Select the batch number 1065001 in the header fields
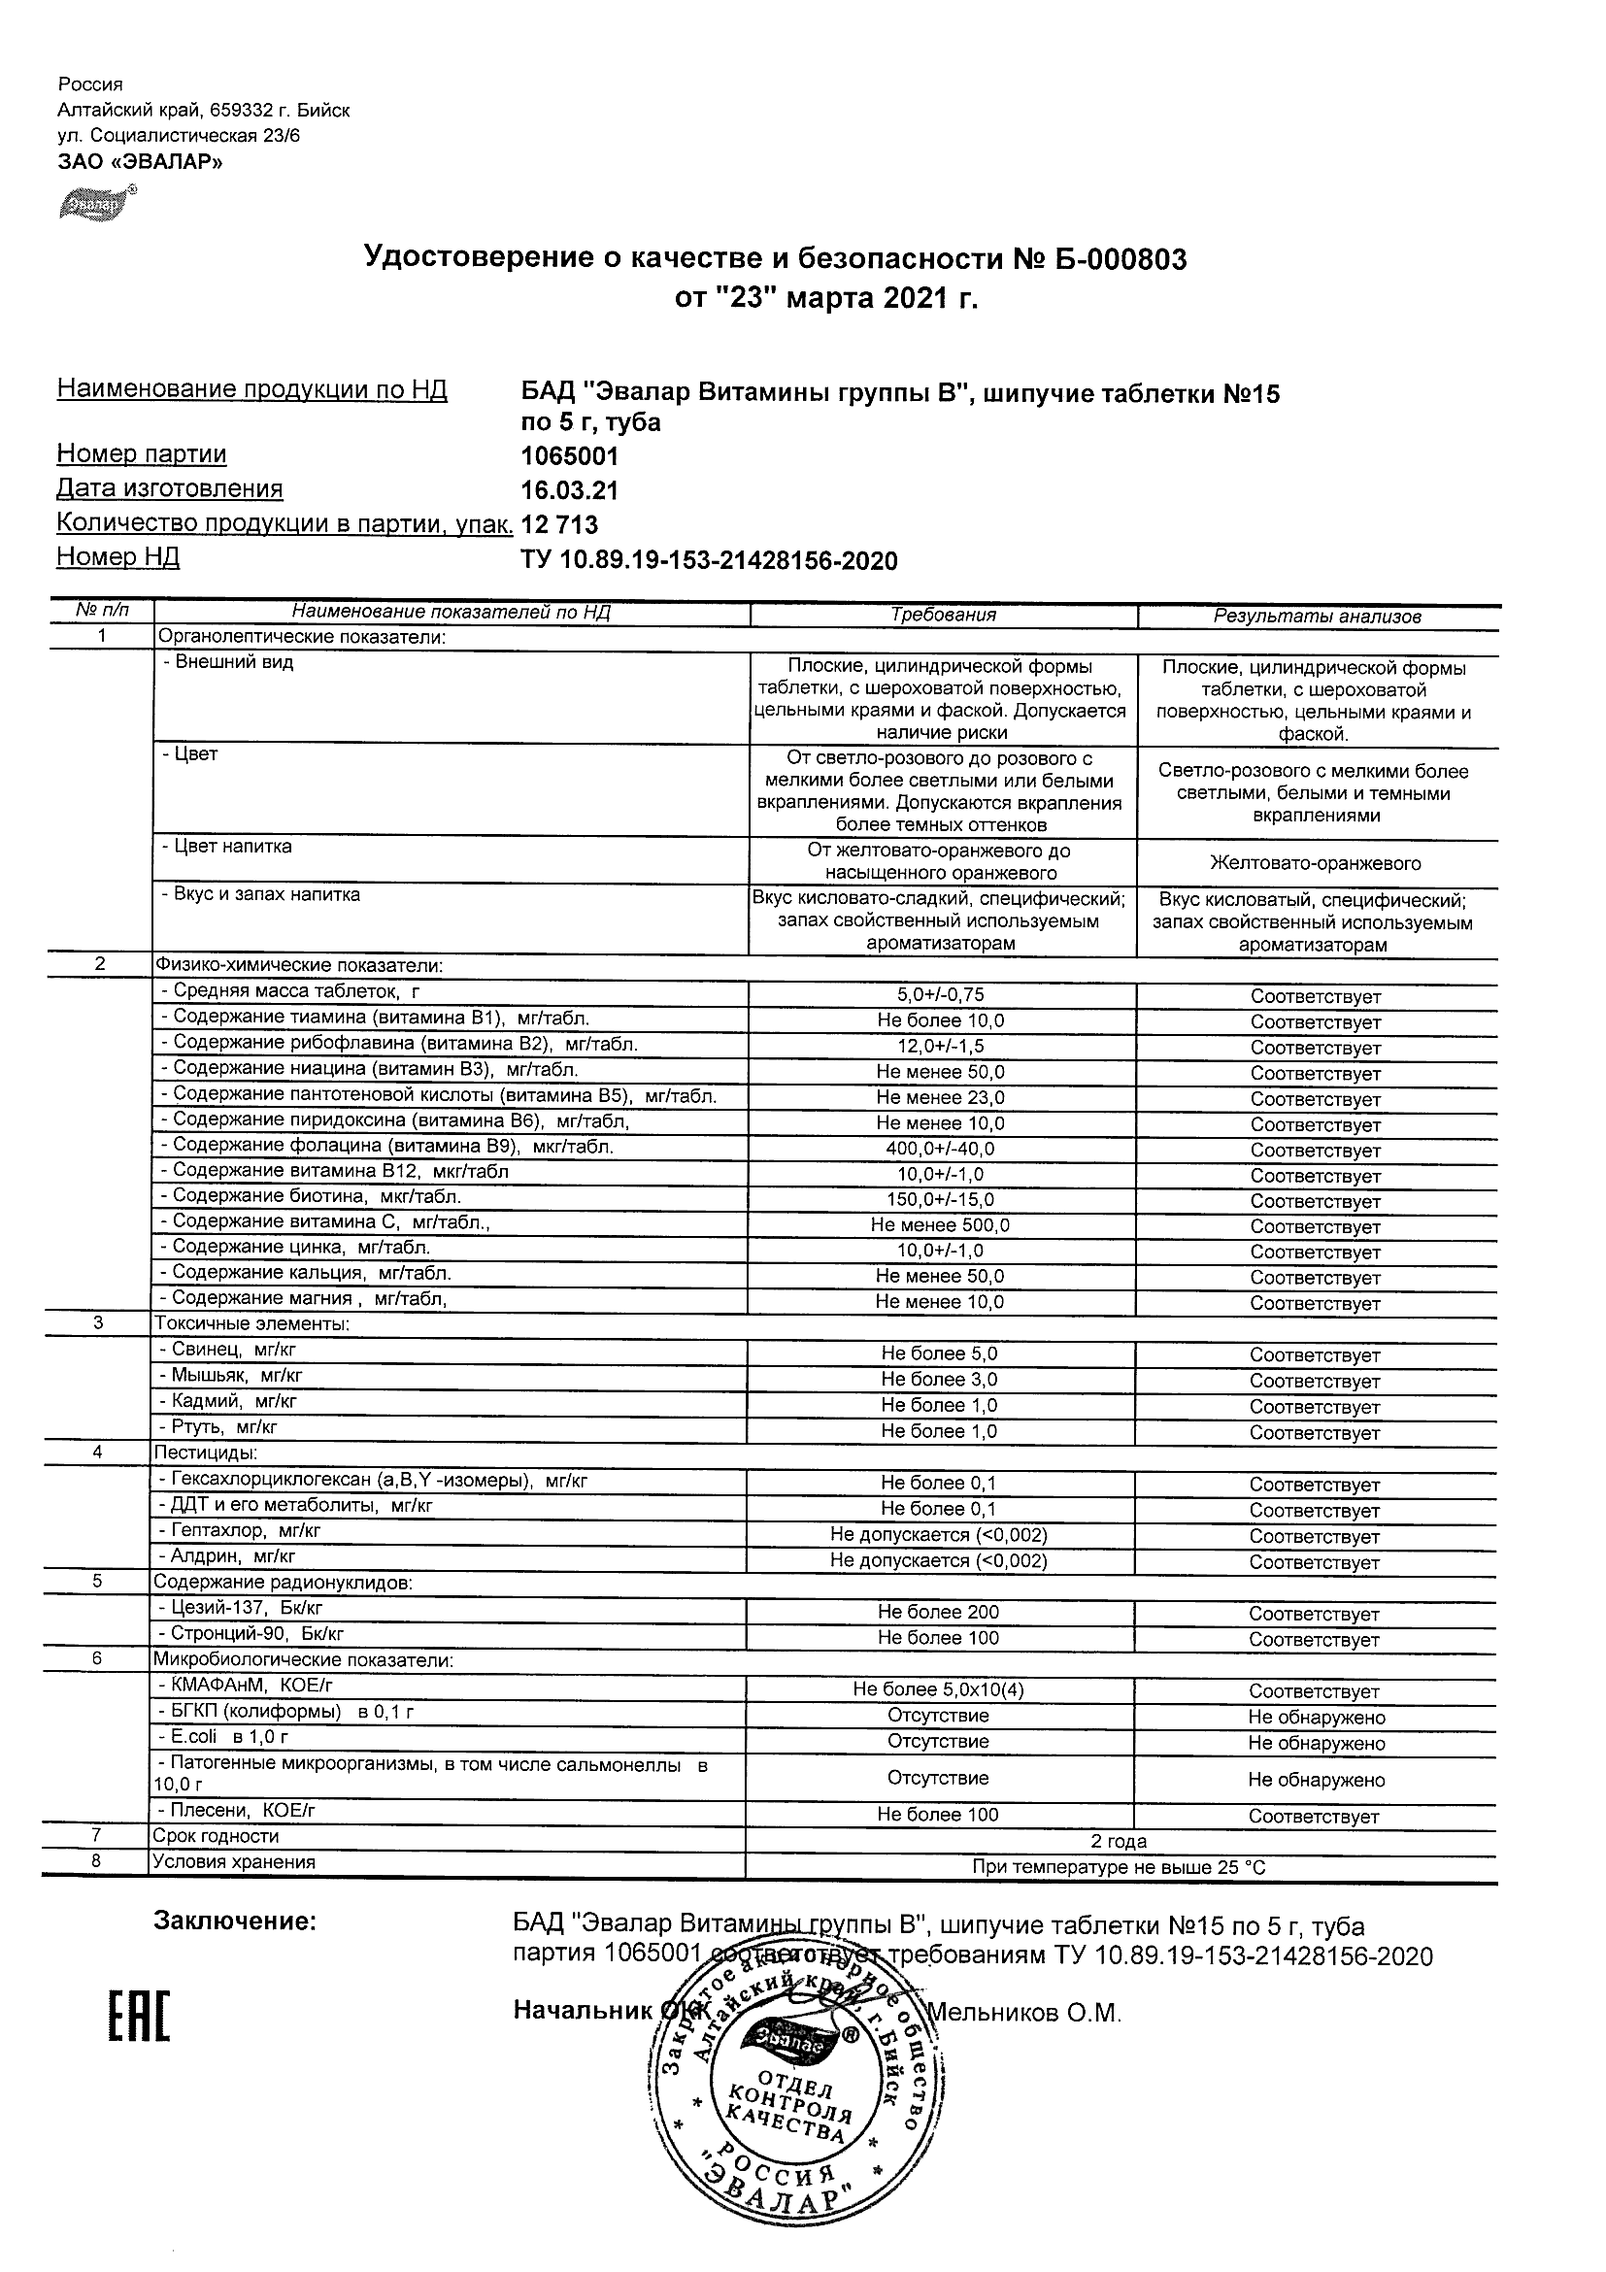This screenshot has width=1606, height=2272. pyautogui.click(x=569, y=456)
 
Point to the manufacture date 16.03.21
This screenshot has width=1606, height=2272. pyautogui.click(x=569, y=491)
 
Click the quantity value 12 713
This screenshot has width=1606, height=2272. pyautogui.click(x=559, y=524)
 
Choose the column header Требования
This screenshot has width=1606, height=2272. pyautogui.click(x=943, y=615)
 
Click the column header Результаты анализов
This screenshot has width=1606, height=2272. pyautogui.click(x=1317, y=617)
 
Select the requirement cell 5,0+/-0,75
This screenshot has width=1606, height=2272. pyautogui.click(x=940, y=995)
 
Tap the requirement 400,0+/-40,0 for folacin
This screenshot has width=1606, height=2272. pyautogui.click(x=940, y=1149)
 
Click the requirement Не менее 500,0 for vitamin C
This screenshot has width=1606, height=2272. pyautogui.click(x=940, y=1225)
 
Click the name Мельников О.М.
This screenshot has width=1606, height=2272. pyautogui.click(x=1024, y=2013)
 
